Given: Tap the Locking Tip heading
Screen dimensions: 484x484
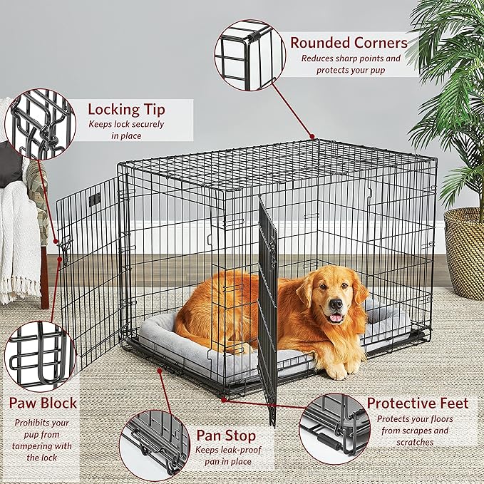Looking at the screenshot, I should (126, 109).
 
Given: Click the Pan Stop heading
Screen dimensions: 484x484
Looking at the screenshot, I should (225, 436).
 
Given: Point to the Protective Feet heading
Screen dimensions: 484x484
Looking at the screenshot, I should (417, 403).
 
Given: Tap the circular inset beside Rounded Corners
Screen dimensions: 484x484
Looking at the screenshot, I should (249, 56).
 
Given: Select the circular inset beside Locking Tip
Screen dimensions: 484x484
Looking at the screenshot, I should (39, 124).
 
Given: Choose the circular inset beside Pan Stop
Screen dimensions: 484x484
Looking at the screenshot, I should (155, 443).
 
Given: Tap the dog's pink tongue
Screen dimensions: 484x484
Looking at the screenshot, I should (335, 317).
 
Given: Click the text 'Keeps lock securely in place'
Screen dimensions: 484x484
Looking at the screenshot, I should (126, 129).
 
